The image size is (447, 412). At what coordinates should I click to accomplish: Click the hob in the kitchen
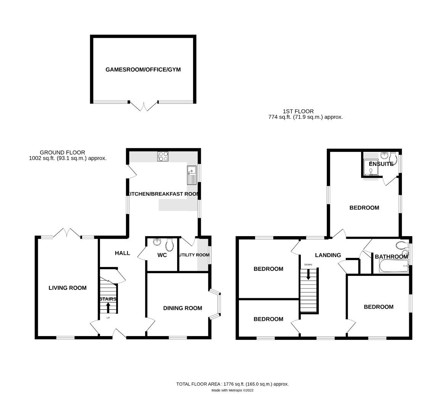click(x=163, y=156)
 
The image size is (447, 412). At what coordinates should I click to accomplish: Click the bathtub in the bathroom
click(x=394, y=267)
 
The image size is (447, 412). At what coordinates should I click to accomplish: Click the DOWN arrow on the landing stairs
click(x=308, y=275)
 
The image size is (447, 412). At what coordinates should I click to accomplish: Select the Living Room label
click(x=67, y=288)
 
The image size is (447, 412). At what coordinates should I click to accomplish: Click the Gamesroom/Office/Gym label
click(x=143, y=70)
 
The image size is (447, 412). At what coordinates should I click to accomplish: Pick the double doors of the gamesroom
click(x=144, y=106)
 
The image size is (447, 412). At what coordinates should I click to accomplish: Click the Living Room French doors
click(x=67, y=233)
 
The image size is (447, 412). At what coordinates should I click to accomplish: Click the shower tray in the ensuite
click(x=370, y=168)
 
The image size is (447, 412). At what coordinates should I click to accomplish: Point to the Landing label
click(x=328, y=255)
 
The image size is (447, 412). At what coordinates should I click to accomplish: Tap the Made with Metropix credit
click(x=232, y=390)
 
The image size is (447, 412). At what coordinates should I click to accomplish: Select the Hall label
click(x=122, y=253)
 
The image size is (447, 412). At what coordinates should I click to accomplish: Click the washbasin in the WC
click(x=157, y=242)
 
